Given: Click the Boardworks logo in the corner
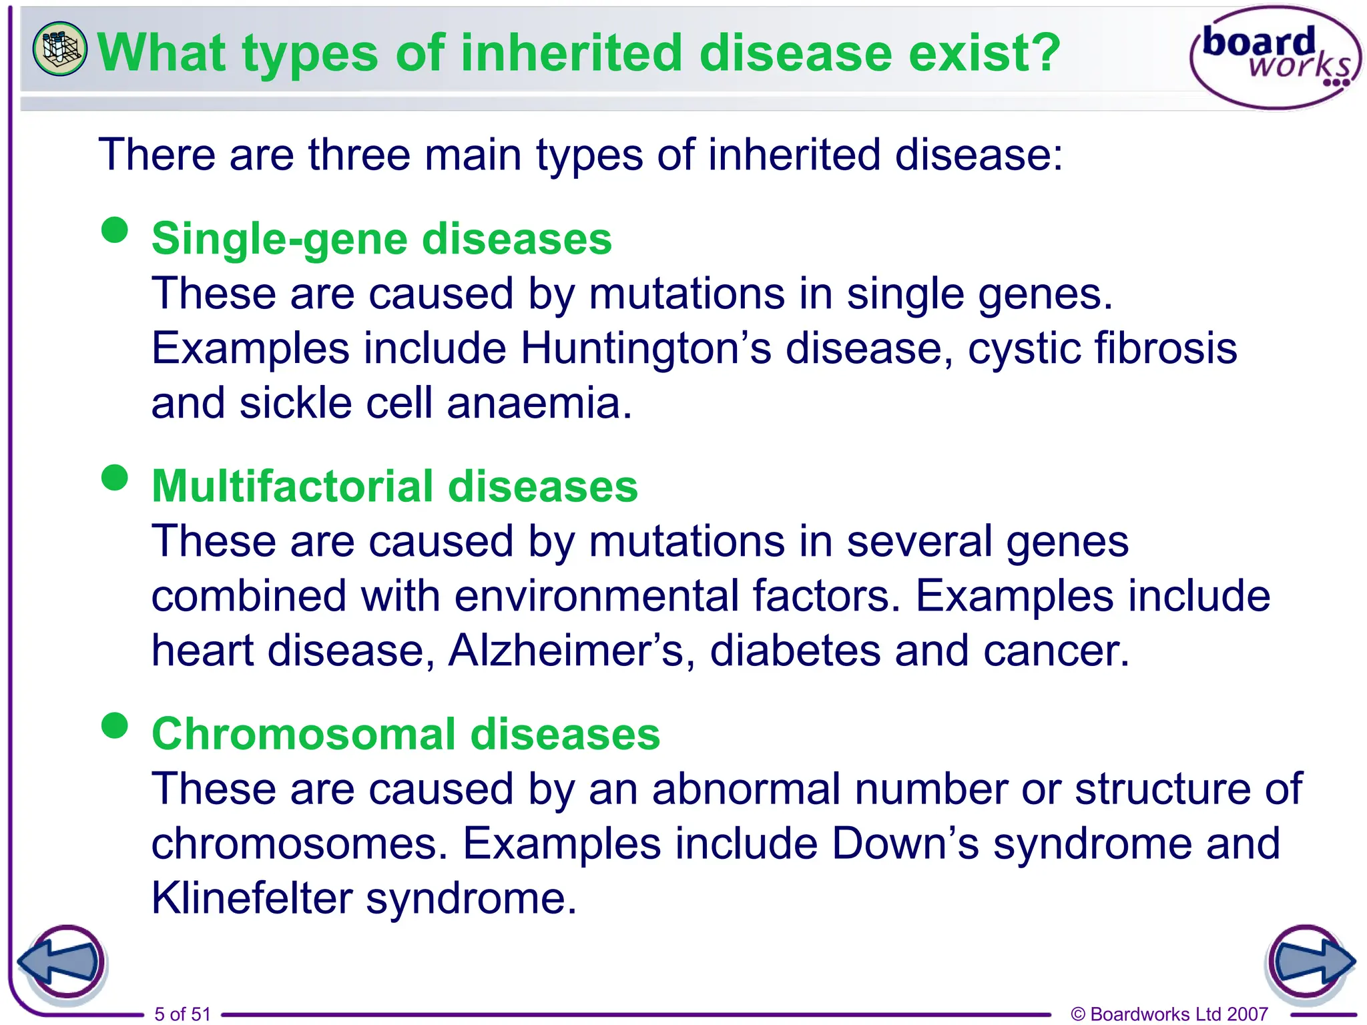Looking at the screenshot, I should tap(1275, 57).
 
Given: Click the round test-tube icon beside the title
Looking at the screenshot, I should tap(59, 48).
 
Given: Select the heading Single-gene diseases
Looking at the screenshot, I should tap(381, 239).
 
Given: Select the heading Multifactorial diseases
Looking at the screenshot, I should tap(394, 486).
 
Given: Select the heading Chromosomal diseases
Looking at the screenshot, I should tap(406, 733).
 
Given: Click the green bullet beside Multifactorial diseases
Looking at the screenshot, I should tap(115, 477).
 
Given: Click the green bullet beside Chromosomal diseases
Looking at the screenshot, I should tap(115, 725).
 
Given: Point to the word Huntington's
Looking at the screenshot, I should tap(645, 348).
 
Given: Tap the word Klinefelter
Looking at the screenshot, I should tap(252, 898).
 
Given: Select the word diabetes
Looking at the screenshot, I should tap(794, 651).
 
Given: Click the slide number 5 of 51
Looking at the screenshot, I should tap(182, 1014).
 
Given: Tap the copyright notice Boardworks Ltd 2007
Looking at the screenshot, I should tap(1169, 1014).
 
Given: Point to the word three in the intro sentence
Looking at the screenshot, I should tap(358, 155).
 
